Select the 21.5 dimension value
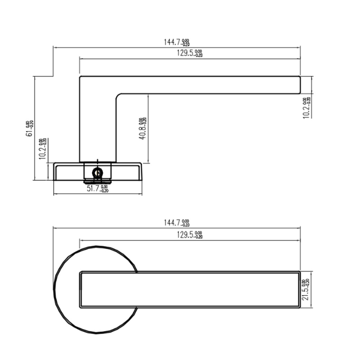[x=305, y=290]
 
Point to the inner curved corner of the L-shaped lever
[x=119, y=96]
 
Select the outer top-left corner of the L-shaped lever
[x=80, y=77]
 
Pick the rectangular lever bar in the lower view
[x=190, y=290]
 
